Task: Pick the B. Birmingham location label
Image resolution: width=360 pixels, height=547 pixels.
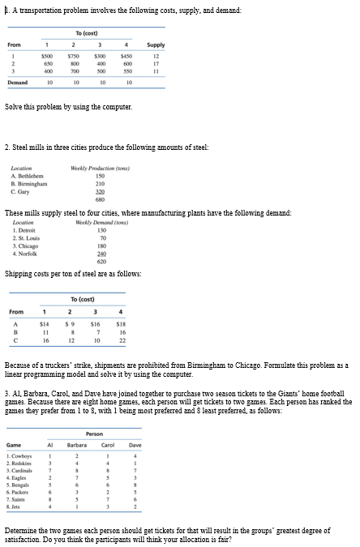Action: (28, 182)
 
